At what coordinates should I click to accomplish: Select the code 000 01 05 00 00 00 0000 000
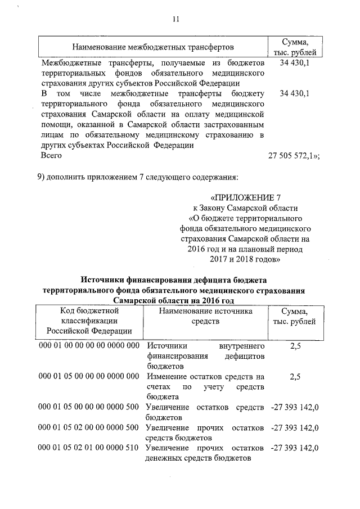pos(89,376)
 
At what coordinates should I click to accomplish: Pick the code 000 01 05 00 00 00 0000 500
pos(89,406)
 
